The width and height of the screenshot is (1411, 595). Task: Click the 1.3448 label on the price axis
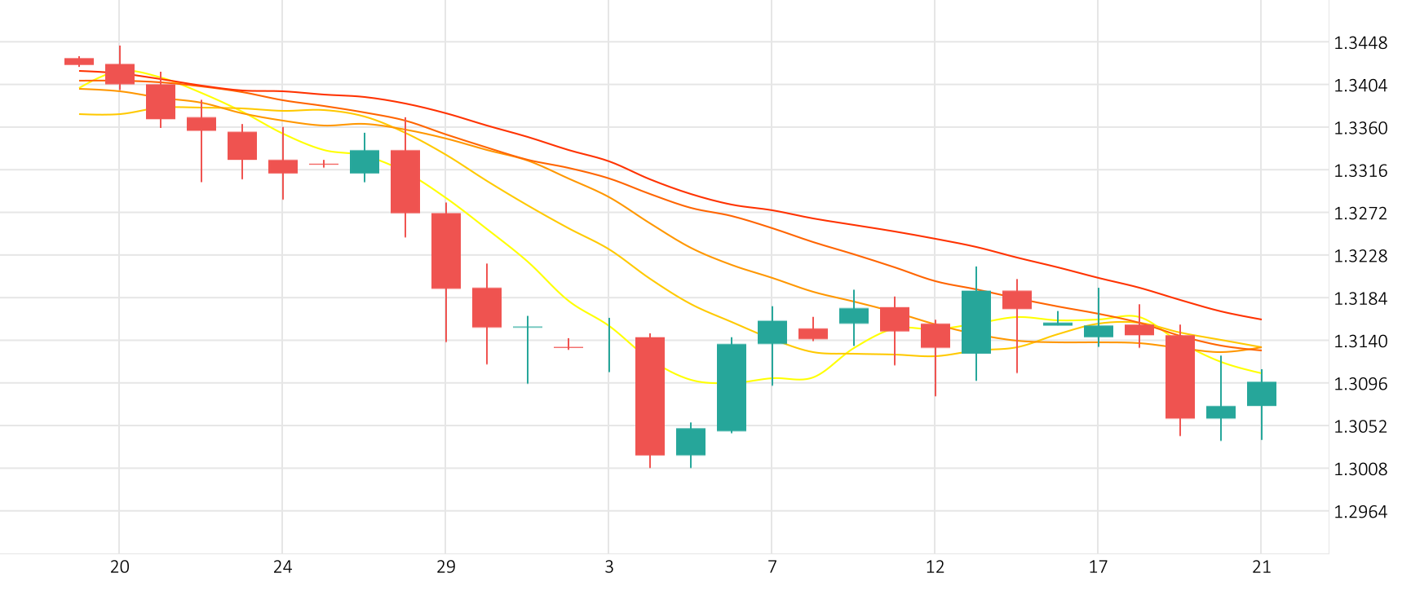1360,43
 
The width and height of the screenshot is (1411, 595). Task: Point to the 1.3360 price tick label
1360,129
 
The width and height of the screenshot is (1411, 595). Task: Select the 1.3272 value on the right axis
1360,214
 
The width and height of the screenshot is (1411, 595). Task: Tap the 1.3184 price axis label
1360,299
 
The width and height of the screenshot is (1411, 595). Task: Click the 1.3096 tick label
1360,384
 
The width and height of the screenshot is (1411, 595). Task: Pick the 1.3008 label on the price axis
1360,469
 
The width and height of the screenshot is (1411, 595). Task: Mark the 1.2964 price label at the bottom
1360,512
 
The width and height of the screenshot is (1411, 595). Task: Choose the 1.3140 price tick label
1360,342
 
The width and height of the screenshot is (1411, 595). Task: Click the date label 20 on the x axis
120,567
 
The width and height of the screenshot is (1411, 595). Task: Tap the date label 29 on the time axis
446,567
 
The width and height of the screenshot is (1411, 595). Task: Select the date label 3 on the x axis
609,567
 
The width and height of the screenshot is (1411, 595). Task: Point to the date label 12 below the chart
936,567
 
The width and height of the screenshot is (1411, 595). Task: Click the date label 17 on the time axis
1099,567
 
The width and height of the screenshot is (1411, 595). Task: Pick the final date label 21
1262,567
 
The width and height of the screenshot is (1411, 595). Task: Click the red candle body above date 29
446,250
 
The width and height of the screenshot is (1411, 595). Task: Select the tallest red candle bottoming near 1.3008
650,395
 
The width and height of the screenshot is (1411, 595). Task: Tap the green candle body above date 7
772,332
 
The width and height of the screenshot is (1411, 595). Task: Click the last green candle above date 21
1262,394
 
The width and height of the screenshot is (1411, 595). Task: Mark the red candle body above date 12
936,335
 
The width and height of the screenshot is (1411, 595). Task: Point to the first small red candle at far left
79,61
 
